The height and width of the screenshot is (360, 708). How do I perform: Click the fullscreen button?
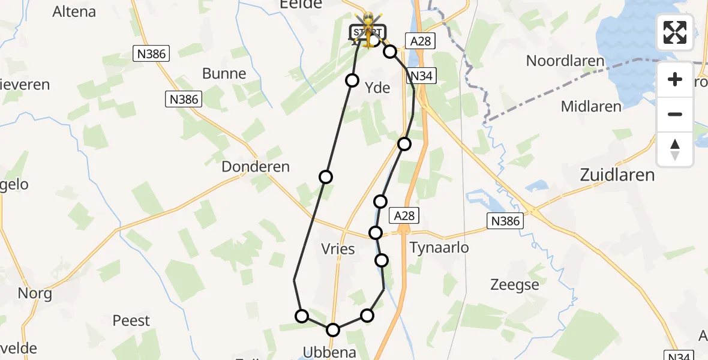675,32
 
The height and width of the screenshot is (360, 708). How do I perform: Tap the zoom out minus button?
675,114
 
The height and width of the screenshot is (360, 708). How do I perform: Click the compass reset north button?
675,149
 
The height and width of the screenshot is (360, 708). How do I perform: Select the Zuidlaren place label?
617,175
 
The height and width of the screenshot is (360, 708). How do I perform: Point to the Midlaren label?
591,107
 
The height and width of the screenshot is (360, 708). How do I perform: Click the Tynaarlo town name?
439,248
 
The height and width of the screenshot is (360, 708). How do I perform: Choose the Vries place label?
338,248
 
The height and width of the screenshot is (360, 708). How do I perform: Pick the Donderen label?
256,167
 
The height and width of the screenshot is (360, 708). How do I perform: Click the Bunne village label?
224,74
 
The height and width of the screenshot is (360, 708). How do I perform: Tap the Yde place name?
378,88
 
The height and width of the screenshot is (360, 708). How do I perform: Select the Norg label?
35,294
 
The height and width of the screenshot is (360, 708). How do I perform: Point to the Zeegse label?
514,285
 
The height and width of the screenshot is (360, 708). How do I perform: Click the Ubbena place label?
330,352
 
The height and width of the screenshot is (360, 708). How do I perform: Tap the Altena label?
74,11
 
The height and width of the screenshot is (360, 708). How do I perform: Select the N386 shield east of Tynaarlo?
505,221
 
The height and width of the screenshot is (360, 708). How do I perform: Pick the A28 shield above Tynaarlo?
403,215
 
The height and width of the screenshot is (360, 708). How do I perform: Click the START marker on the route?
365,32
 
